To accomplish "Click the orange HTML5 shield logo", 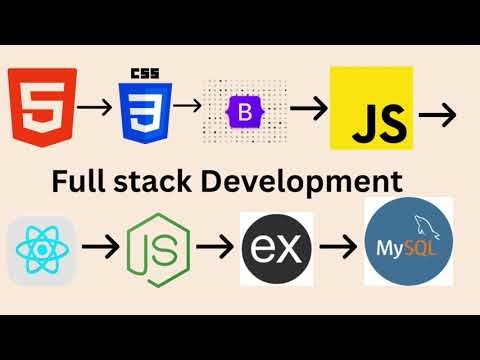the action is pyautogui.click(x=39, y=106).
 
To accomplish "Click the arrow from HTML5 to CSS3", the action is pyautogui.click(x=93, y=106).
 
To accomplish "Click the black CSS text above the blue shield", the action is pyautogui.click(x=146, y=74).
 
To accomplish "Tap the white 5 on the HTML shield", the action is pyautogui.click(x=39, y=108).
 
